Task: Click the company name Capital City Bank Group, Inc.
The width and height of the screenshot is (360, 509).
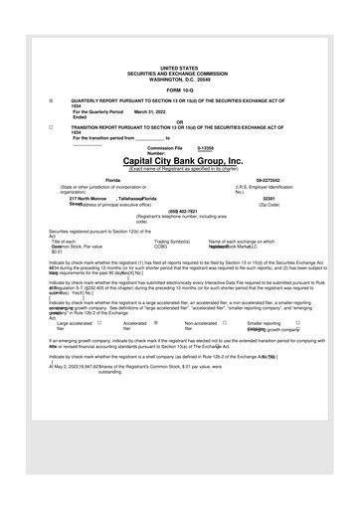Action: point(180,160)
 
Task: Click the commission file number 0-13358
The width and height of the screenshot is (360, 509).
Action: point(206,147)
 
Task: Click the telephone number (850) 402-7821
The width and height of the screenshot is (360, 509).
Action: point(180,211)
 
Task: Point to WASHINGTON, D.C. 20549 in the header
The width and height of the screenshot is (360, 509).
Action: point(180,79)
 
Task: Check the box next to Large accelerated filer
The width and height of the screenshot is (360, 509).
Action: point(100,323)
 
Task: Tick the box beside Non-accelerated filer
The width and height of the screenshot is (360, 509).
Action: point(225,323)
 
